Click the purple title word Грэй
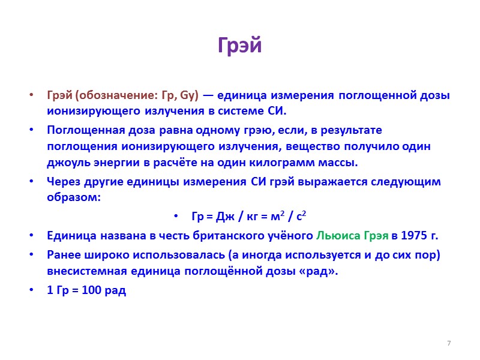click(239, 46)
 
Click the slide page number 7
click(448, 343)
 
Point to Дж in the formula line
click(224, 217)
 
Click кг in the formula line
click(256, 217)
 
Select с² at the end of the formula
click(306, 217)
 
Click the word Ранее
click(64, 254)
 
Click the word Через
click(63, 182)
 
